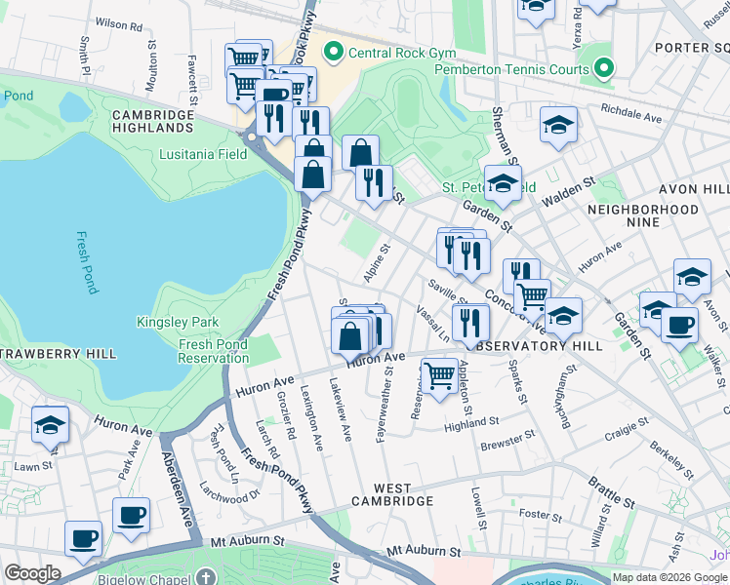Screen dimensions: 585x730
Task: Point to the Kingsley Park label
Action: [178, 322]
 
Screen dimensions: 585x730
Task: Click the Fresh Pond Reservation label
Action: [213, 351]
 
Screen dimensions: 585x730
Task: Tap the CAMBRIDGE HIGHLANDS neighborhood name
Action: [153, 121]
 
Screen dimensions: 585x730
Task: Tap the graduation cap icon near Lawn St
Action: [50, 424]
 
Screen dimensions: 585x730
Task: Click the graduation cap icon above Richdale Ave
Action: [558, 126]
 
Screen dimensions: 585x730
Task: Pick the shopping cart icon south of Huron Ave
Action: [439, 373]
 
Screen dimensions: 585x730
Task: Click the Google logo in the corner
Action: [32, 572]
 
